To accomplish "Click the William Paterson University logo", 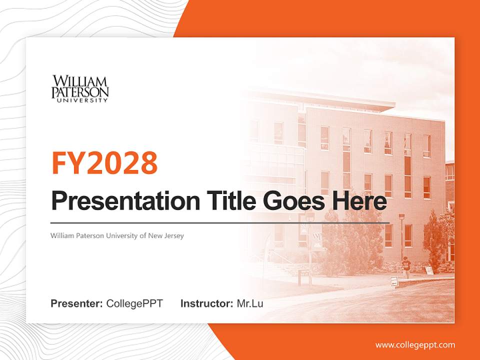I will pyautogui.click(x=80, y=89).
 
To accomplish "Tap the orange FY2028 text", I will pyautogui.click(x=104, y=163).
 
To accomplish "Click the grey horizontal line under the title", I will pyautogui.click(x=220, y=222).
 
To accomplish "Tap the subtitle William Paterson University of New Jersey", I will pyautogui.click(x=117, y=235).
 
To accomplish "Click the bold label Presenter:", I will pyautogui.click(x=77, y=303).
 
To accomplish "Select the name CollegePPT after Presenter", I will pyautogui.click(x=134, y=303).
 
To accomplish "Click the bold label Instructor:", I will pyautogui.click(x=206, y=303).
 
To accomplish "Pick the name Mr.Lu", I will pyautogui.click(x=250, y=303).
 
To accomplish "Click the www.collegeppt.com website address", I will pyautogui.click(x=415, y=345).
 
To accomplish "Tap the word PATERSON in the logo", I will pyautogui.click(x=80, y=92).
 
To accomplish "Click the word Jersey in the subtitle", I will pyautogui.click(x=174, y=235).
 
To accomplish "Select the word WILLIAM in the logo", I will pyautogui.click(x=80, y=81).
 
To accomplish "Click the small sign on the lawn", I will pyautogui.click(x=394, y=281).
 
